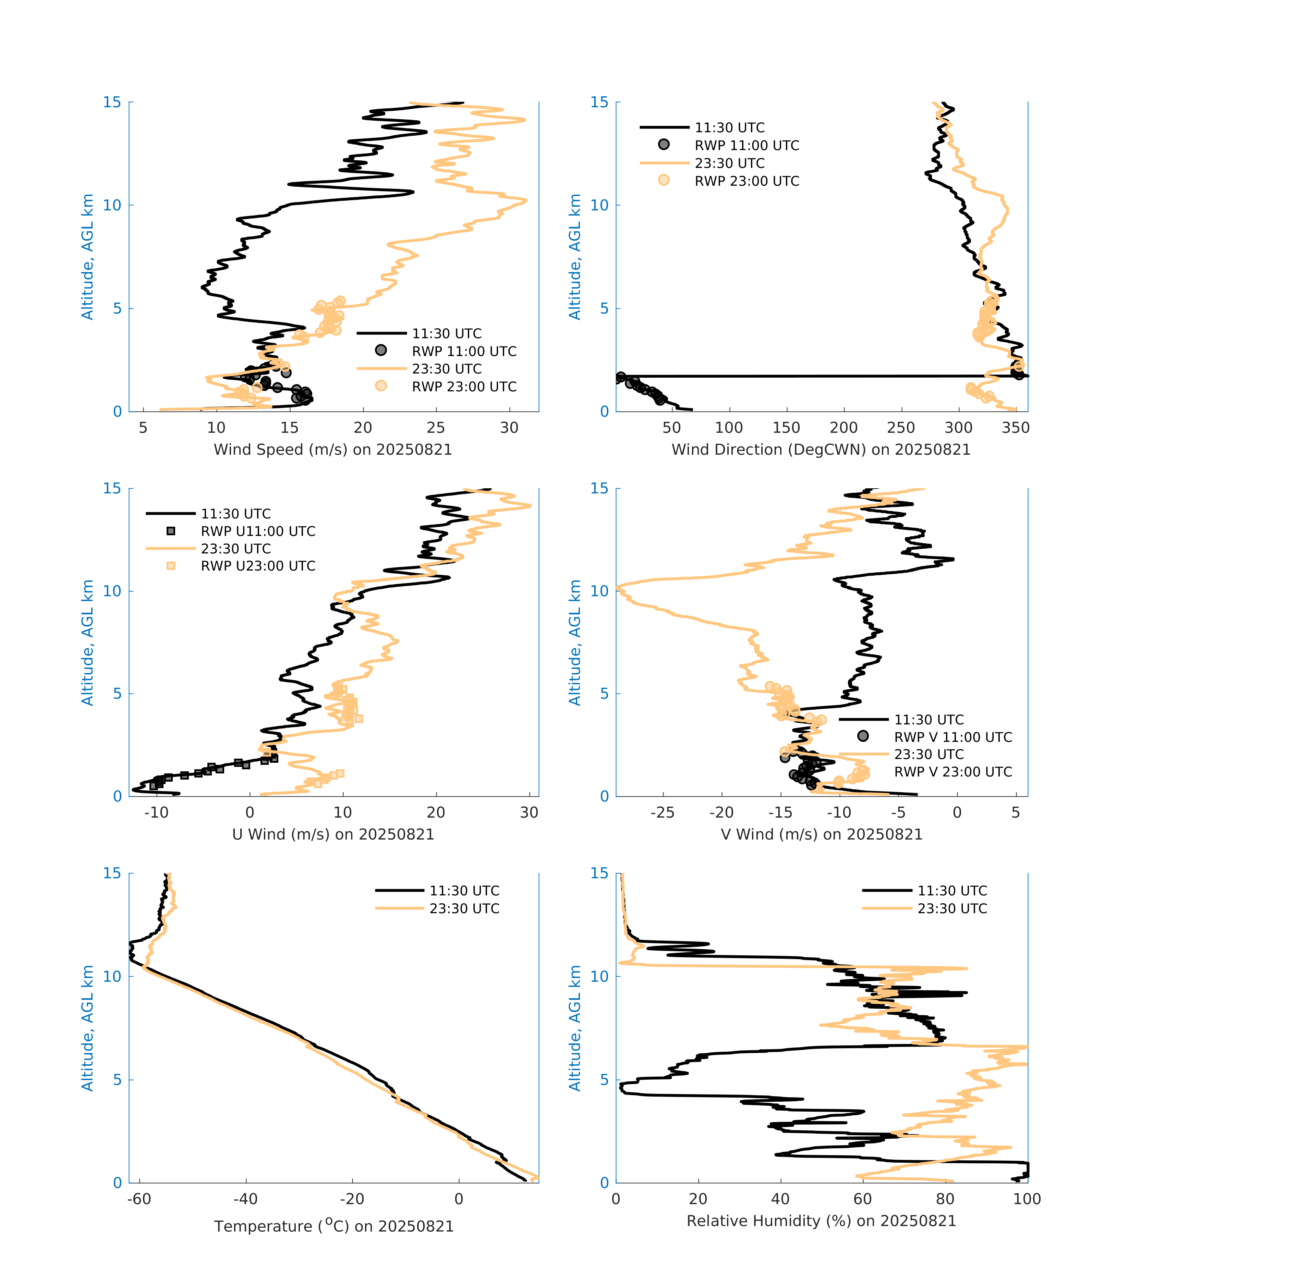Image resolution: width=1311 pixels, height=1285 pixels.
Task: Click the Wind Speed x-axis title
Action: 333,450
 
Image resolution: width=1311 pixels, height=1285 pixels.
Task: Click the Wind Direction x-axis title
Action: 821,450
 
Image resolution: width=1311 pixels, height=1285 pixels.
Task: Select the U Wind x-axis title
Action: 333,834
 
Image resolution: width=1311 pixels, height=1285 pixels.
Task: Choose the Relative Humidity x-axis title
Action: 821,1221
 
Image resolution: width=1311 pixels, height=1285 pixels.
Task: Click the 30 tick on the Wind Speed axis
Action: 509,428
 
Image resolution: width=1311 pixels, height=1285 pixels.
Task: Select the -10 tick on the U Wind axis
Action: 156,812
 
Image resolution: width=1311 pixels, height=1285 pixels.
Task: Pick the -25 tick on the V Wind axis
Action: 662,812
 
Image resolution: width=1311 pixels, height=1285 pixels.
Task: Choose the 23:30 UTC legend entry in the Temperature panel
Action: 464,908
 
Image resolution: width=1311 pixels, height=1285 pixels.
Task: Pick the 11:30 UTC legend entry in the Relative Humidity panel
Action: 952,891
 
